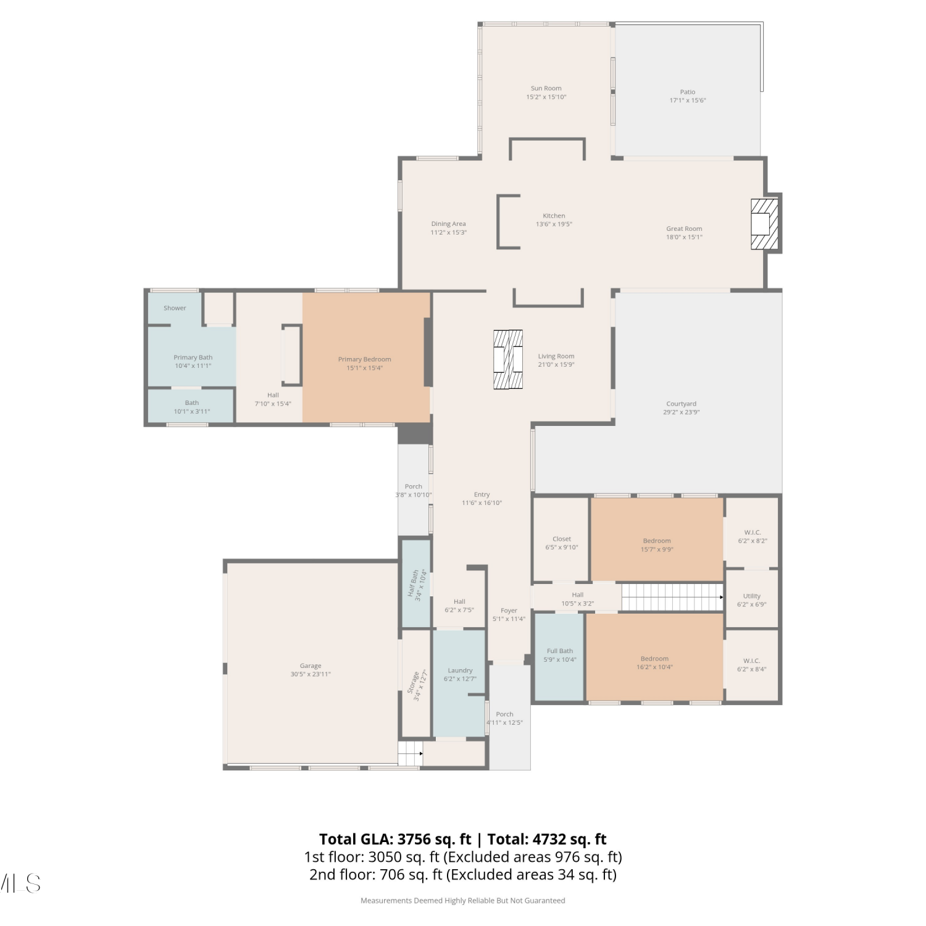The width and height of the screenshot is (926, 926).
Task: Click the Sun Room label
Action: pos(546,88)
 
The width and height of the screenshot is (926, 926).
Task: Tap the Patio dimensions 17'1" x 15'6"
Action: pos(688,100)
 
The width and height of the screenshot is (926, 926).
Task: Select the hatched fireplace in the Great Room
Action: pos(764,223)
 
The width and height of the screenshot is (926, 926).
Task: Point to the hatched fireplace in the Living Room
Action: pos(507,359)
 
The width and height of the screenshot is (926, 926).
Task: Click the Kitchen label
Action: pos(554,216)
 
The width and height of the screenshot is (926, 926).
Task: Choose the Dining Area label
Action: pos(449,224)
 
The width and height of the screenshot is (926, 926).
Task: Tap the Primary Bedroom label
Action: pos(364,359)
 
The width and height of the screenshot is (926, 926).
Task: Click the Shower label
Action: pos(175,308)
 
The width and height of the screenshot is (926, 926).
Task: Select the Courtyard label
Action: pos(682,404)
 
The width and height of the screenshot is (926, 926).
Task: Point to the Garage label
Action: pos(311,665)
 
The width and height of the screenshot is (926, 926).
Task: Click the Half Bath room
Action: pos(416,584)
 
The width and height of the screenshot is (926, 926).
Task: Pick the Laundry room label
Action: pos(460,670)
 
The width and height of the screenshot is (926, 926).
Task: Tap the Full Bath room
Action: pos(559,657)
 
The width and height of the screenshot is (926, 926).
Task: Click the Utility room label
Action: pos(752,596)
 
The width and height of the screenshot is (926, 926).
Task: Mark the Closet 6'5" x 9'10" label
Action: pos(562,543)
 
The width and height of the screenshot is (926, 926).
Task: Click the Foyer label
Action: pos(509,611)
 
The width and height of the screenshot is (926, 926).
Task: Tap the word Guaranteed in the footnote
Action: pos(545,901)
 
